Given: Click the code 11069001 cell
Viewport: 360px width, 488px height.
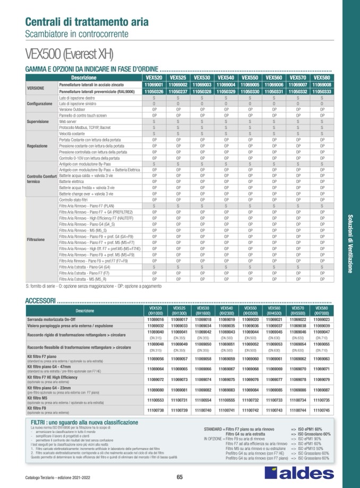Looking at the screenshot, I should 154,84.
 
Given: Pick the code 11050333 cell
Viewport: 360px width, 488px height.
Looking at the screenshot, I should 322,91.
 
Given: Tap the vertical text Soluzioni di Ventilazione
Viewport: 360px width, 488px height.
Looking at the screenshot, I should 350,243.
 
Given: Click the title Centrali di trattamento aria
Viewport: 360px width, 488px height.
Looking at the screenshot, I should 87,22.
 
